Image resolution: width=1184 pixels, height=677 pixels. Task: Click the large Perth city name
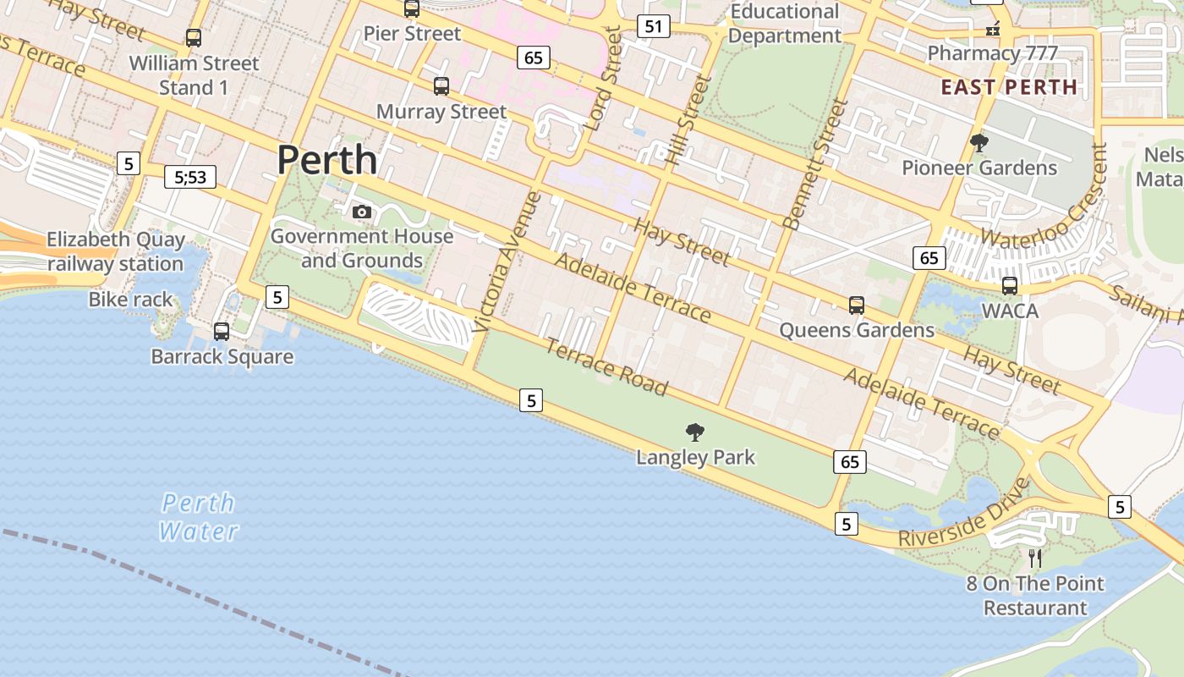click(x=326, y=159)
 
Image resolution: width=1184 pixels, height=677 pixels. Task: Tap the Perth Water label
click(x=199, y=517)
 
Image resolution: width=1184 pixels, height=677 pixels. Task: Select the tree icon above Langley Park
click(x=695, y=432)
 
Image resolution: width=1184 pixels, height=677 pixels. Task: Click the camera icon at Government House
click(x=362, y=212)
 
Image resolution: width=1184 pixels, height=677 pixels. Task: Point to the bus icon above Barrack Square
click(x=222, y=332)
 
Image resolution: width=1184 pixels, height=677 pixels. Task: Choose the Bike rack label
click(x=130, y=300)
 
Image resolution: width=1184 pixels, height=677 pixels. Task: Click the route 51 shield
click(x=653, y=26)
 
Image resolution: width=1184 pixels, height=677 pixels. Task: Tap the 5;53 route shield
click(x=190, y=177)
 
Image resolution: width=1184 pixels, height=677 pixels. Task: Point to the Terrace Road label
click(x=606, y=366)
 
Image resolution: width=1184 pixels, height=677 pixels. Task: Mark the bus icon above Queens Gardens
click(x=857, y=305)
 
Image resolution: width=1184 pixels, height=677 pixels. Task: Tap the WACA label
click(x=1010, y=311)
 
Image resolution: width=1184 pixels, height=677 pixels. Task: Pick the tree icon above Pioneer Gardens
click(x=979, y=143)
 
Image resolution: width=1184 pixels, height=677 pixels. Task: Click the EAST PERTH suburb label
click(x=1009, y=87)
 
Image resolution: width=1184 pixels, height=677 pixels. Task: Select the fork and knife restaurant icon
click(x=1035, y=558)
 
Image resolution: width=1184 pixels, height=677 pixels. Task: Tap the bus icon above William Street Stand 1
click(x=194, y=38)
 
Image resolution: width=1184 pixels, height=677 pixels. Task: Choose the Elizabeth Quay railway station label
click(x=115, y=251)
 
